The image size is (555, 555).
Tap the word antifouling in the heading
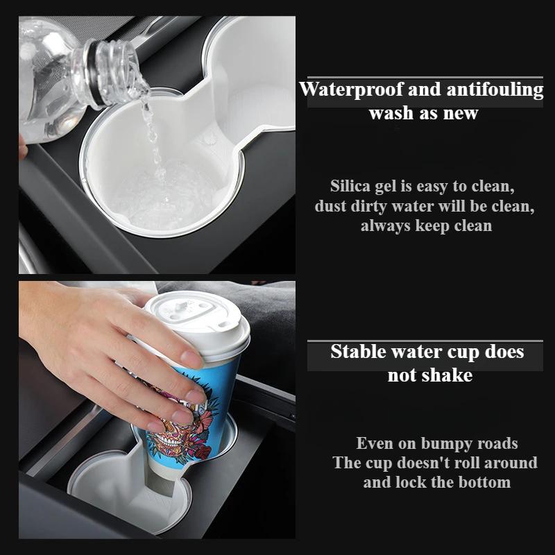(x=497, y=89)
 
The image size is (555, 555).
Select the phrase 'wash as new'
(x=423, y=113)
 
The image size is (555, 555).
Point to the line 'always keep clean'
(x=426, y=225)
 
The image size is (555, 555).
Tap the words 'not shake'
(x=429, y=375)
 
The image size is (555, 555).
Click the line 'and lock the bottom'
(x=436, y=482)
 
